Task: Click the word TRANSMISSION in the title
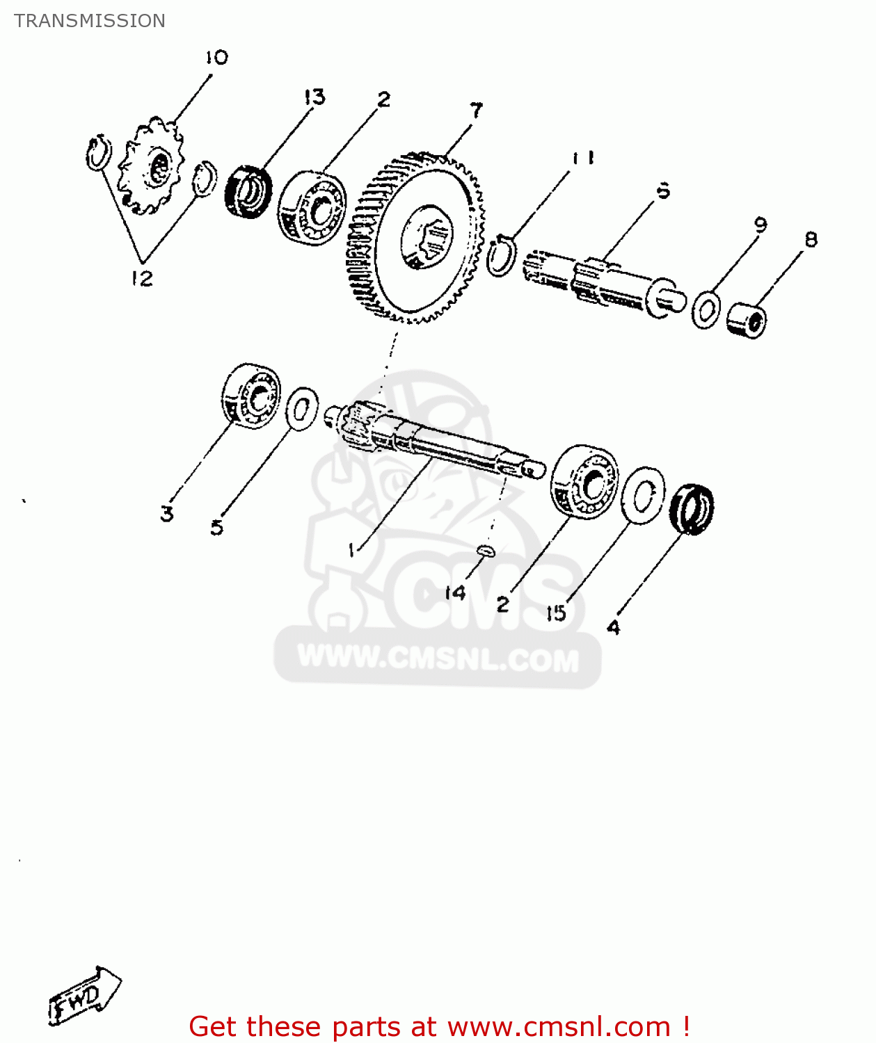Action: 90,21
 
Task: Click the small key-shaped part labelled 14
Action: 486,551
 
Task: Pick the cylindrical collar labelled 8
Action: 747,321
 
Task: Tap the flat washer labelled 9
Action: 706,309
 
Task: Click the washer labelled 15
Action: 642,494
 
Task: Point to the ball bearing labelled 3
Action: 251,395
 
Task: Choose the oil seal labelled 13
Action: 248,191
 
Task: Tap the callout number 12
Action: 141,278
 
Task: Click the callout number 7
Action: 476,111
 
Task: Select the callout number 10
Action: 216,58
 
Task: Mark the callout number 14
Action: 455,593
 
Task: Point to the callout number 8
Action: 811,240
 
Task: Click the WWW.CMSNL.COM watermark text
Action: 438,658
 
